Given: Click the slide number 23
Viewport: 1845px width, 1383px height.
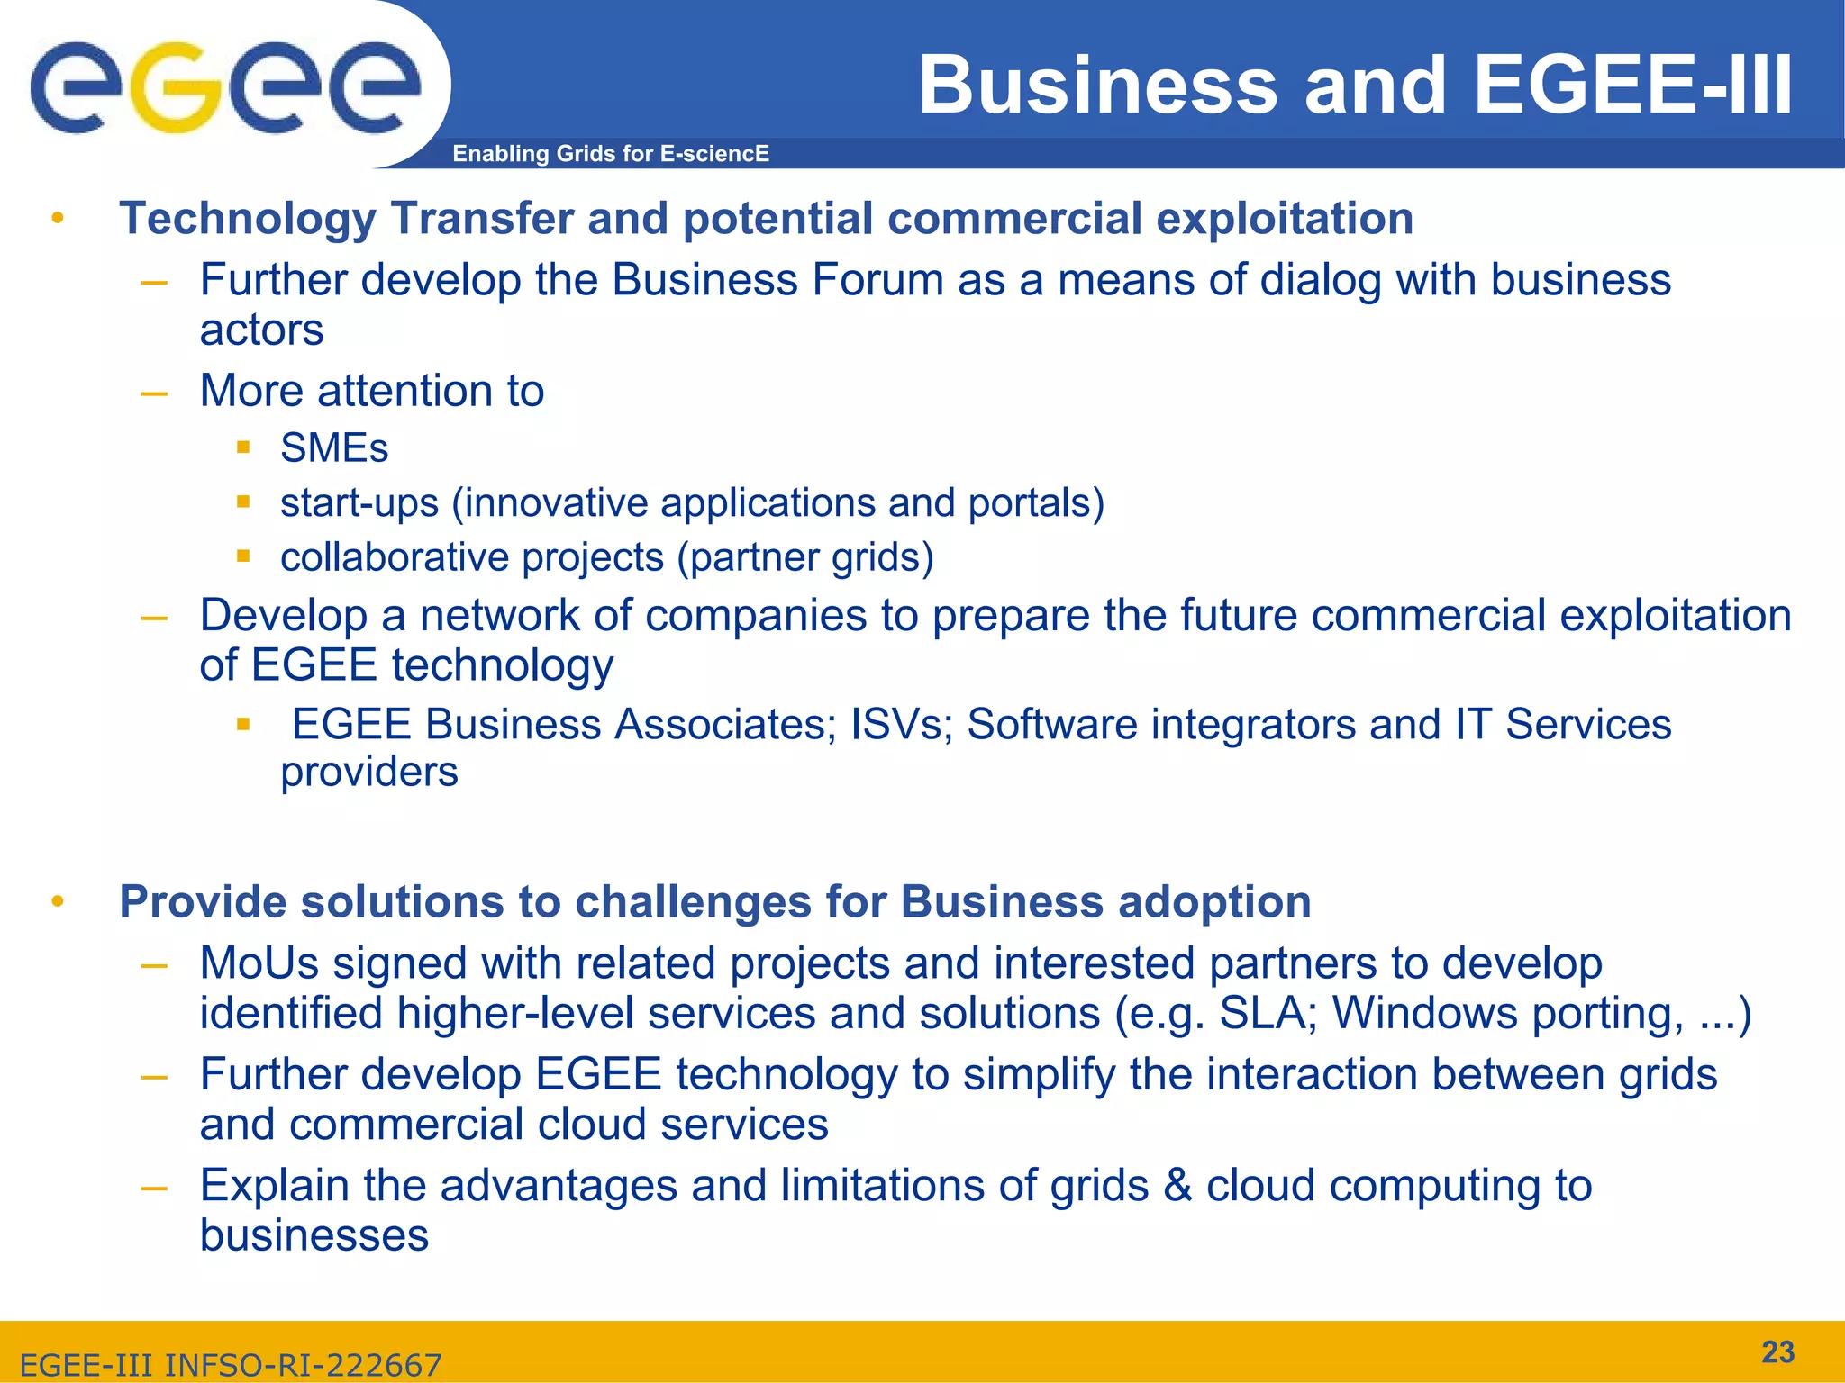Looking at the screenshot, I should point(1777,1351).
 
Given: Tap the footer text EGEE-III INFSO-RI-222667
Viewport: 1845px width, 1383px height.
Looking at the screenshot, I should point(231,1365).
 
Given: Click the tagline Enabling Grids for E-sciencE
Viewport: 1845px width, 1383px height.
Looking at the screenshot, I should point(611,154).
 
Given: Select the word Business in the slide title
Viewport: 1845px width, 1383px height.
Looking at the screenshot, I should point(1098,86).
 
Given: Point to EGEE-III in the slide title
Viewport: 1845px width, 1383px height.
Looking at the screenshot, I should point(1632,86).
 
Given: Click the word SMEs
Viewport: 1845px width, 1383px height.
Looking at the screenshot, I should point(334,448).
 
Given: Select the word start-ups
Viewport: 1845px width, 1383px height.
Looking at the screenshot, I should point(359,503).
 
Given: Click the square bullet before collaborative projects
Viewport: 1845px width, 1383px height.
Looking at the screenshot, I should point(242,556).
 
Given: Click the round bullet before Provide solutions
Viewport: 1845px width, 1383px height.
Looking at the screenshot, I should point(58,901).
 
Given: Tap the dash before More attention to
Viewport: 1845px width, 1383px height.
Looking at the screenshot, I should point(154,393).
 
